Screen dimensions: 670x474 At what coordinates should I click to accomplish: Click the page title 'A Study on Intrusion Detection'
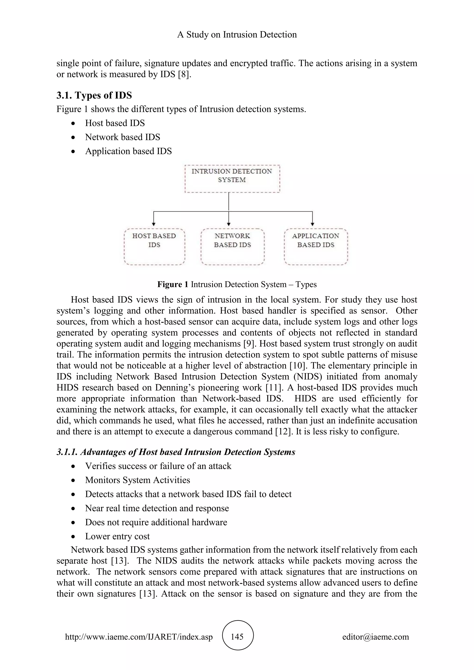tap(237, 34)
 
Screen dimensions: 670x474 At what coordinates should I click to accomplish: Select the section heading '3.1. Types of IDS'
tap(94, 95)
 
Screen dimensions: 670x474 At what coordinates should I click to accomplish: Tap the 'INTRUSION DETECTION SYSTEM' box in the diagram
tap(232, 178)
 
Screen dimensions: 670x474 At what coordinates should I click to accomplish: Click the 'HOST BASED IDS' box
tap(154, 247)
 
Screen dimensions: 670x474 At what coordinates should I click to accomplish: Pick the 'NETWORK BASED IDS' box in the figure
tap(232, 247)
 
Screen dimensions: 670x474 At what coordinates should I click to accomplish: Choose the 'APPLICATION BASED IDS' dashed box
tap(316, 247)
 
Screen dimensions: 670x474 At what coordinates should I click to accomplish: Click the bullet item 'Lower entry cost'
tap(117, 536)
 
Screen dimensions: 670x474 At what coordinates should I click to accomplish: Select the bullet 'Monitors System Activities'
tap(137, 480)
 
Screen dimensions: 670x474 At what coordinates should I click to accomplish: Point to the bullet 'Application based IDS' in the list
tap(128, 151)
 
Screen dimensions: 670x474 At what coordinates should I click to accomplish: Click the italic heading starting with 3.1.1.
tap(176, 452)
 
